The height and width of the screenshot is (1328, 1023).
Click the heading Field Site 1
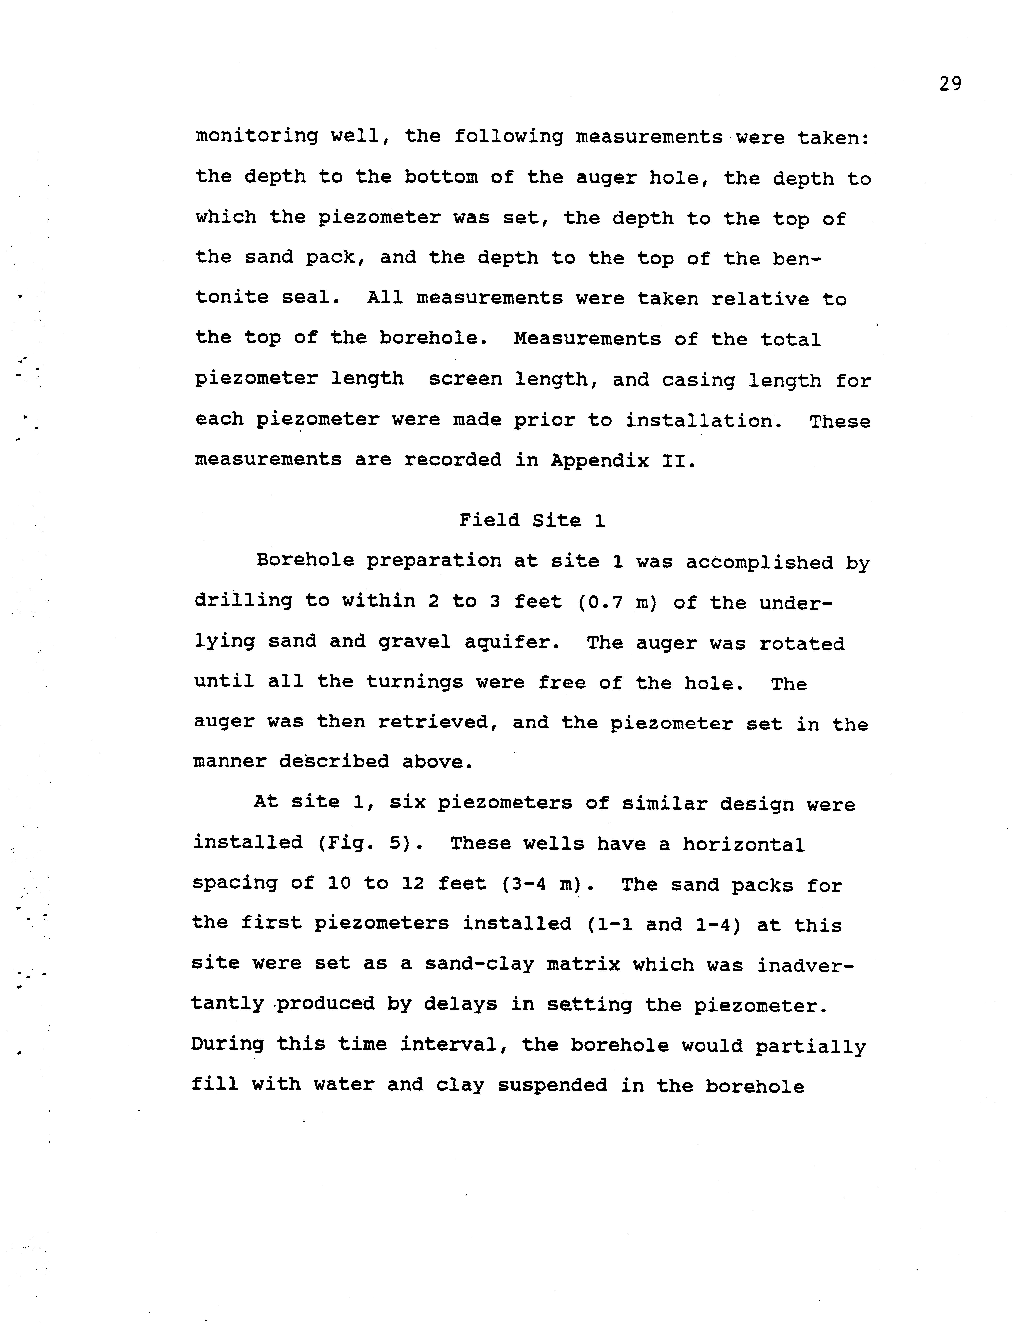(x=532, y=521)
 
